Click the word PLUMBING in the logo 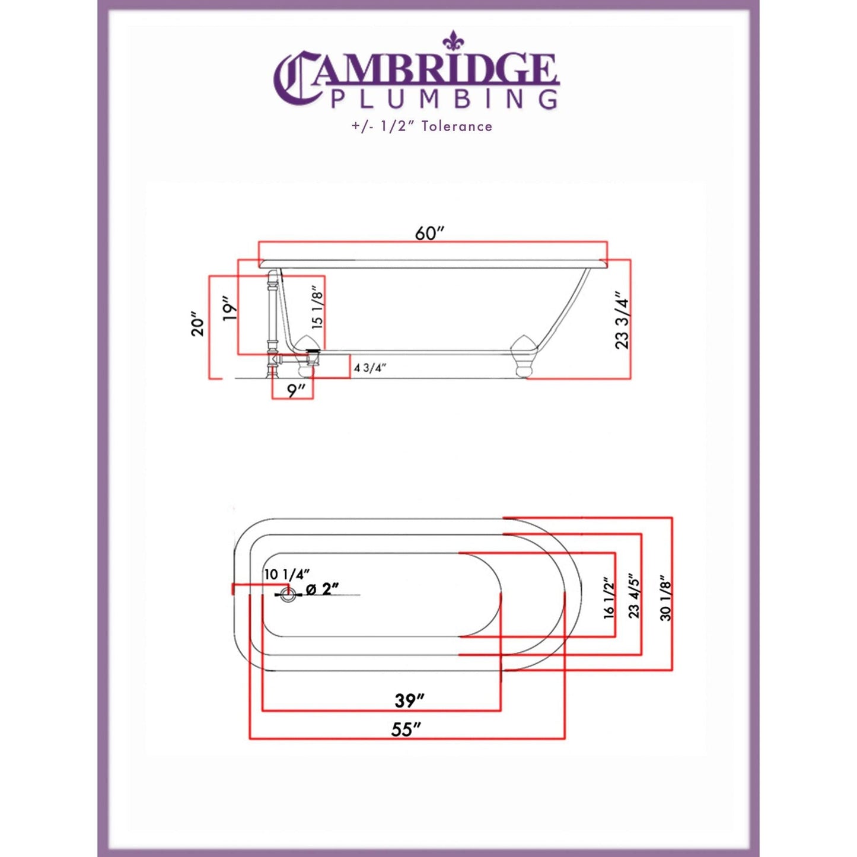tap(444, 99)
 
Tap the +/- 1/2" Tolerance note tap(422, 126)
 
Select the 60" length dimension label tap(429, 233)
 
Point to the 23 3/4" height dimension tap(621, 320)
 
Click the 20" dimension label tap(197, 323)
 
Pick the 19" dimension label tap(230, 308)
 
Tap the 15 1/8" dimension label tap(317, 307)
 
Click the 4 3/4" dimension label tap(370, 368)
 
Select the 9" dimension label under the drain tap(296, 391)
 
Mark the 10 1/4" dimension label tap(287, 574)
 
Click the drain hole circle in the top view tap(288, 594)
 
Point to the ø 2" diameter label tap(322, 589)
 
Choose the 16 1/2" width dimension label tap(609, 598)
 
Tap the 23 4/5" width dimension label tap(634, 595)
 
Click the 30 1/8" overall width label tap(665, 598)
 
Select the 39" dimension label tap(410, 700)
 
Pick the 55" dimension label tap(406, 729)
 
